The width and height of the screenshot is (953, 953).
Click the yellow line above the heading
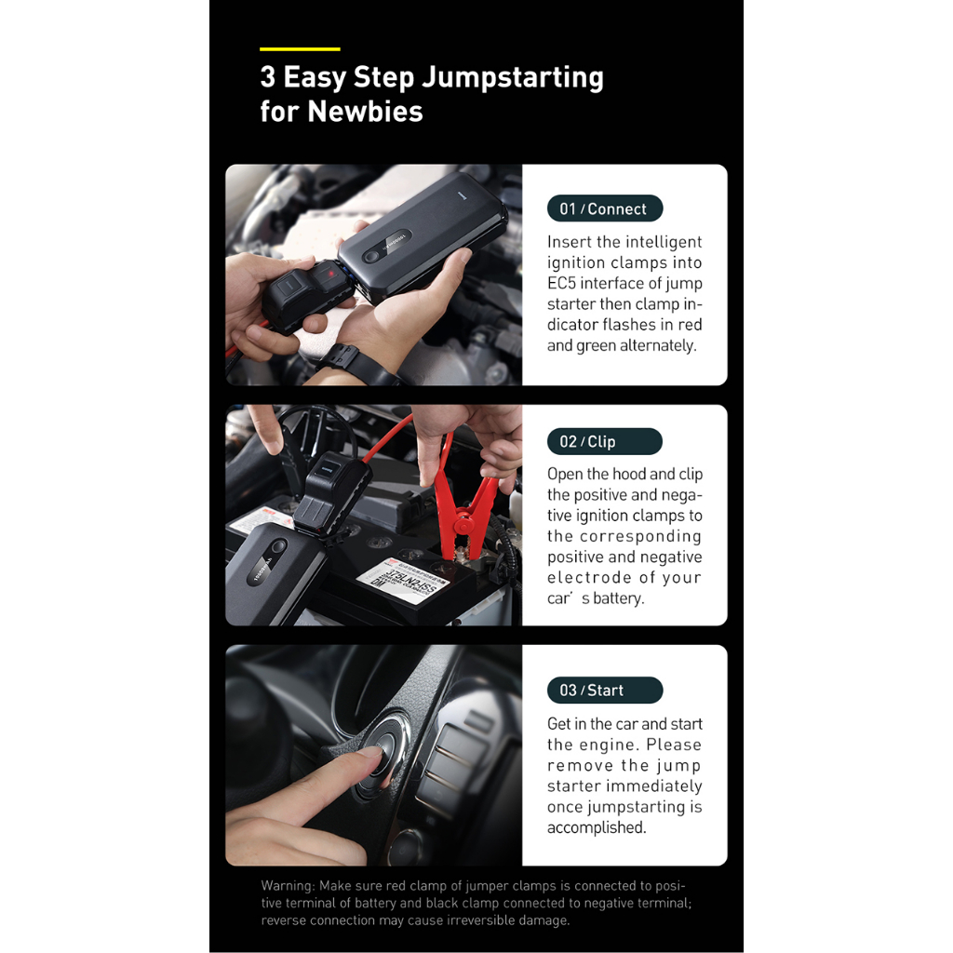(300, 48)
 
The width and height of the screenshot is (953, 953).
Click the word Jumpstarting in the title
(512, 78)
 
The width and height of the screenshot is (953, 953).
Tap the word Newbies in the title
(365, 112)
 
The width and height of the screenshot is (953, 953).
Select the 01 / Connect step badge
(604, 208)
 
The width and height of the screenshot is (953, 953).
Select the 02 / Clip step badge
(604, 441)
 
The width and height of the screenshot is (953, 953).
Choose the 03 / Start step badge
(604, 690)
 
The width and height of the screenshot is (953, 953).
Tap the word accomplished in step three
(596, 827)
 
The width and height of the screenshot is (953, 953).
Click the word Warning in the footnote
(289, 886)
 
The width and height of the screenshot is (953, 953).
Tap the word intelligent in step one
(664, 242)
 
